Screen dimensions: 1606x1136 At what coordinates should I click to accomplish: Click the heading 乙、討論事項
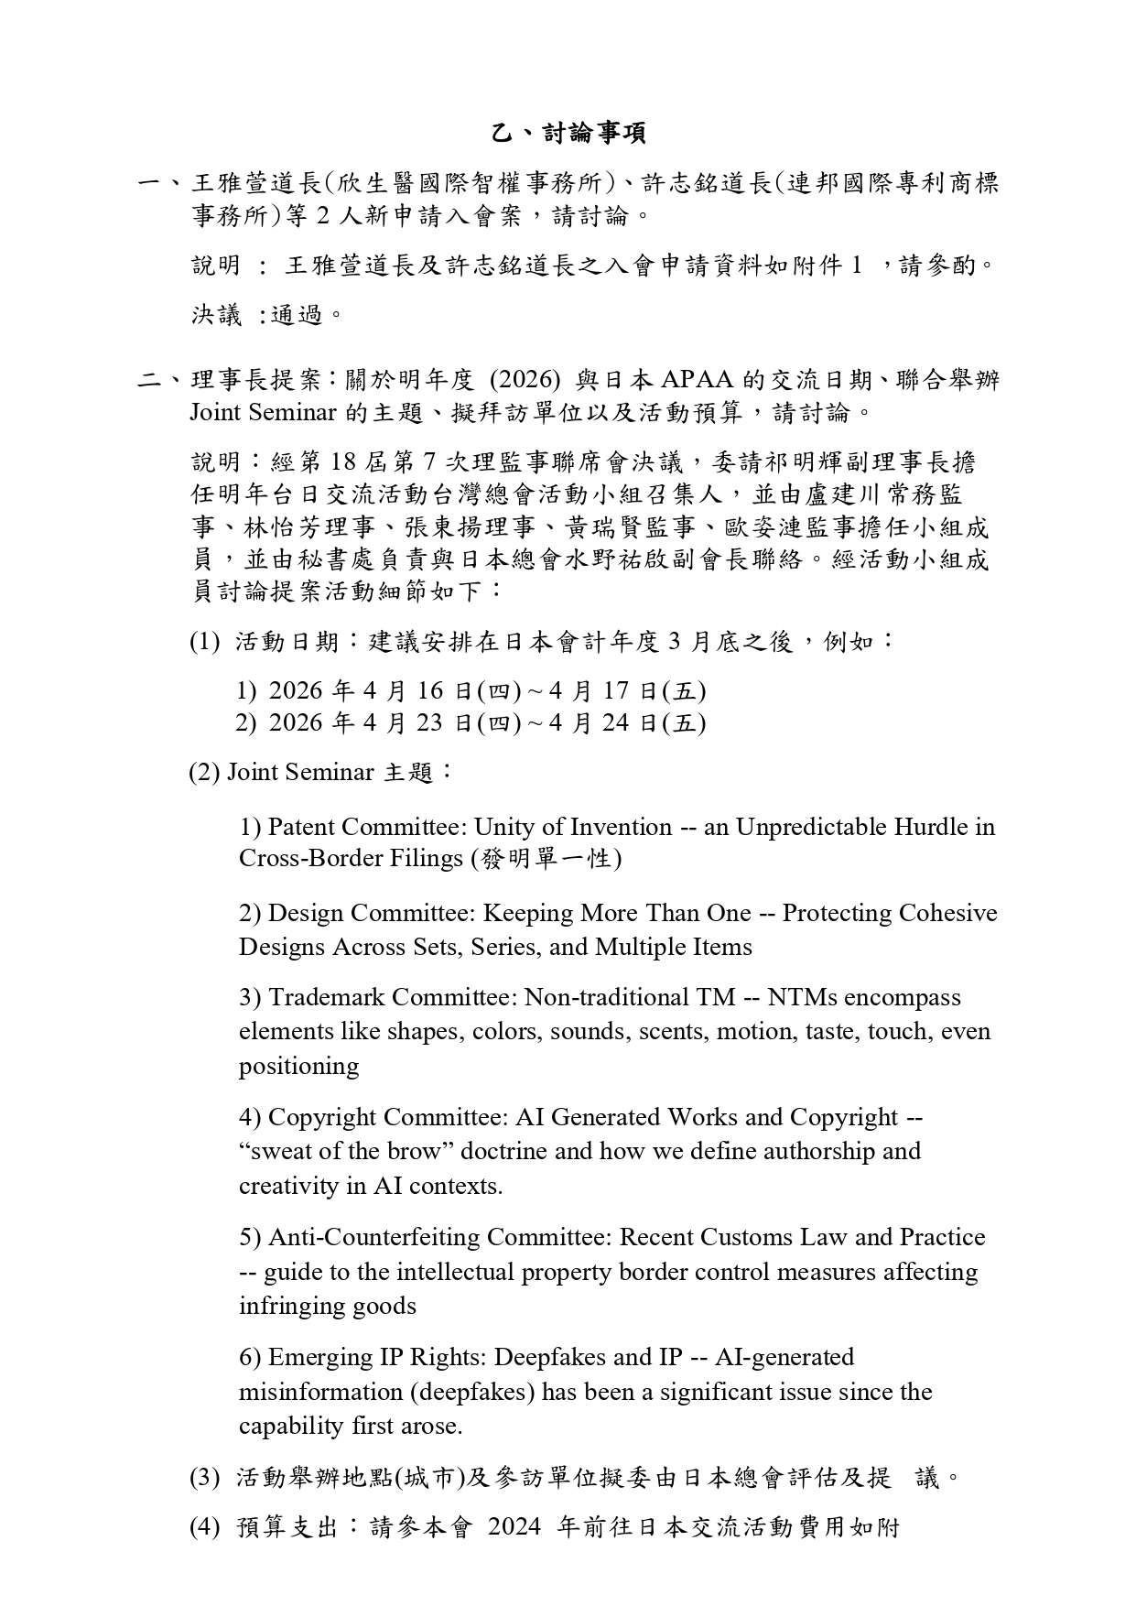coord(568,134)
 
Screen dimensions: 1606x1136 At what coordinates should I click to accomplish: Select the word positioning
coord(298,1067)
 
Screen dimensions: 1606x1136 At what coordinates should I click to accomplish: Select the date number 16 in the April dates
coord(430,690)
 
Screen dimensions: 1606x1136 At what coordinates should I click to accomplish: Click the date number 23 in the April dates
coord(430,723)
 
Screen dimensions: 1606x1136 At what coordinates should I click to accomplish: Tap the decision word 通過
coord(297,316)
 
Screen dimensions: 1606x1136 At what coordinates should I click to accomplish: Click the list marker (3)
coord(204,1477)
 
